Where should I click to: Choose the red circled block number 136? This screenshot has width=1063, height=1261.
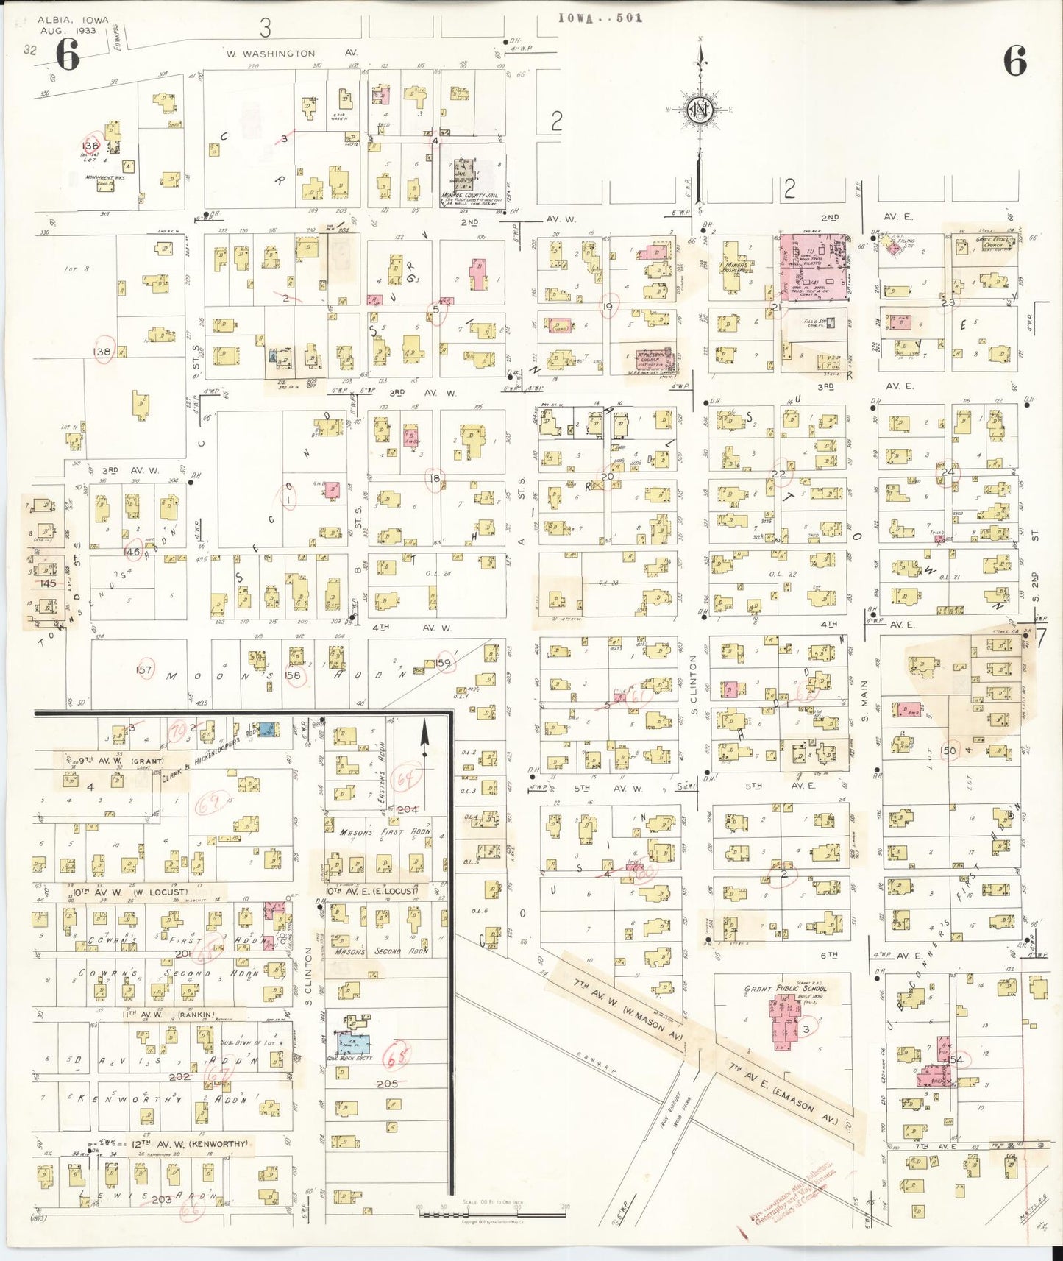91,146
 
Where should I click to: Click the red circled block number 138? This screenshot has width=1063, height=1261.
102,352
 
